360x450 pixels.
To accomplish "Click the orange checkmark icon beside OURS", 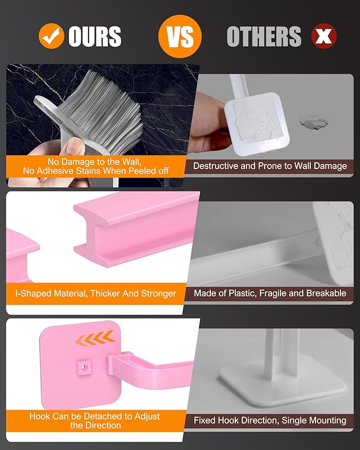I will (x=51, y=36).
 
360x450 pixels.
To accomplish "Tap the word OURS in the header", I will (x=95, y=37).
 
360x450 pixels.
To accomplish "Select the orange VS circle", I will (x=180, y=36).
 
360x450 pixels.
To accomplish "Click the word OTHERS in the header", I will (x=264, y=37).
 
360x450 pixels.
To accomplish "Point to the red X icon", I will (x=324, y=37).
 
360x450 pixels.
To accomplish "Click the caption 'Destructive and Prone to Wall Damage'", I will (x=269, y=166).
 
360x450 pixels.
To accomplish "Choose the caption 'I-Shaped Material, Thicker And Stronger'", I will (x=96, y=293).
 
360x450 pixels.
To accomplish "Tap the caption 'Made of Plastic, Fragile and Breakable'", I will (x=269, y=293).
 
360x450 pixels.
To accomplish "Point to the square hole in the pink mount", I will (x=83, y=366).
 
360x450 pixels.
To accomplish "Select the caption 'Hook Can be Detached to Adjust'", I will (x=95, y=416).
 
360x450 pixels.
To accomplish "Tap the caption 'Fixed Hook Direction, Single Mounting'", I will (x=269, y=420).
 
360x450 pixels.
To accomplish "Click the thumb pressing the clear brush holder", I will (x=77, y=145).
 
